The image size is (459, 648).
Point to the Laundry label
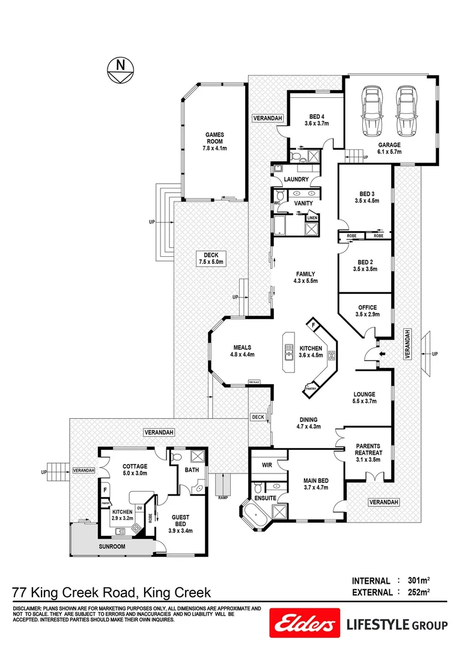coord(296,179)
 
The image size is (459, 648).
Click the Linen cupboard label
coord(312,218)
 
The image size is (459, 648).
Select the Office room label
coord(366,311)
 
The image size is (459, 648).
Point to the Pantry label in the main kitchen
coord(311,389)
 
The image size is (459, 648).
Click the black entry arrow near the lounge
coord(380,355)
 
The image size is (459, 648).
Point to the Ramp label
coord(223,497)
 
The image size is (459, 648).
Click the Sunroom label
coord(112,547)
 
